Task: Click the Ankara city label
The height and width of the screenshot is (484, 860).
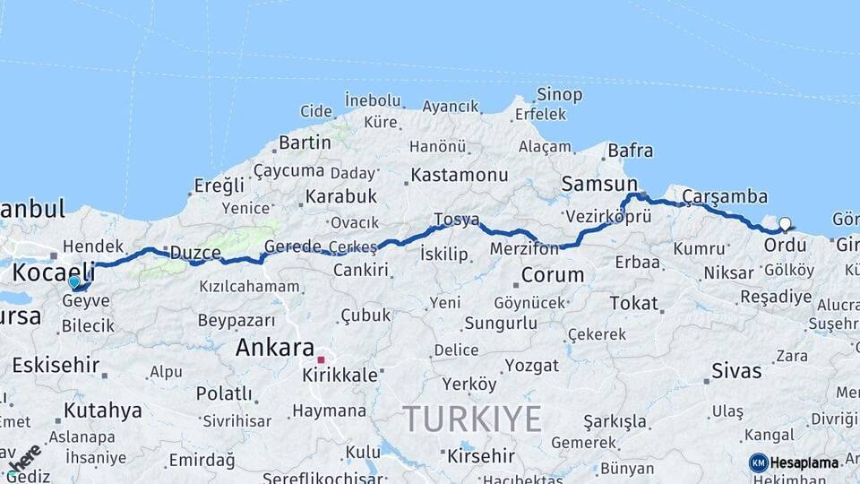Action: click(275, 348)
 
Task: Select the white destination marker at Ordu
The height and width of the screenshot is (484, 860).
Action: click(786, 223)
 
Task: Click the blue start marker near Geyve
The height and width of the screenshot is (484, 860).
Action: click(73, 282)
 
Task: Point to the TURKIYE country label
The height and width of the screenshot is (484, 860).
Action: click(472, 419)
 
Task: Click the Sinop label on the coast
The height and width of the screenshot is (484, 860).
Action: click(559, 94)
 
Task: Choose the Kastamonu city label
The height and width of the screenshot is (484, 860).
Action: click(460, 175)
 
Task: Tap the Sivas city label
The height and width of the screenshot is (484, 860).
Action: click(736, 370)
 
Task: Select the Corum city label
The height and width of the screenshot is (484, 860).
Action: click(552, 274)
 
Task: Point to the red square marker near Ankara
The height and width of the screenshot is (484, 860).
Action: click(321, 359)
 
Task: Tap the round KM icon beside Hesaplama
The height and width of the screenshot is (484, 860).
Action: click(759, 462)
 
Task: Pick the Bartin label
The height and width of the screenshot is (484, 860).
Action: click(305, 143)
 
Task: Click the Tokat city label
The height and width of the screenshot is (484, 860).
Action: click(633, 303)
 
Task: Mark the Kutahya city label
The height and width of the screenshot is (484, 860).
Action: click(103, 411)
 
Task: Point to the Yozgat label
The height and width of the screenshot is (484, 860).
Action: click(531, 365)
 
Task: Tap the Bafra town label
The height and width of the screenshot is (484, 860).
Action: click(630, 150)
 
